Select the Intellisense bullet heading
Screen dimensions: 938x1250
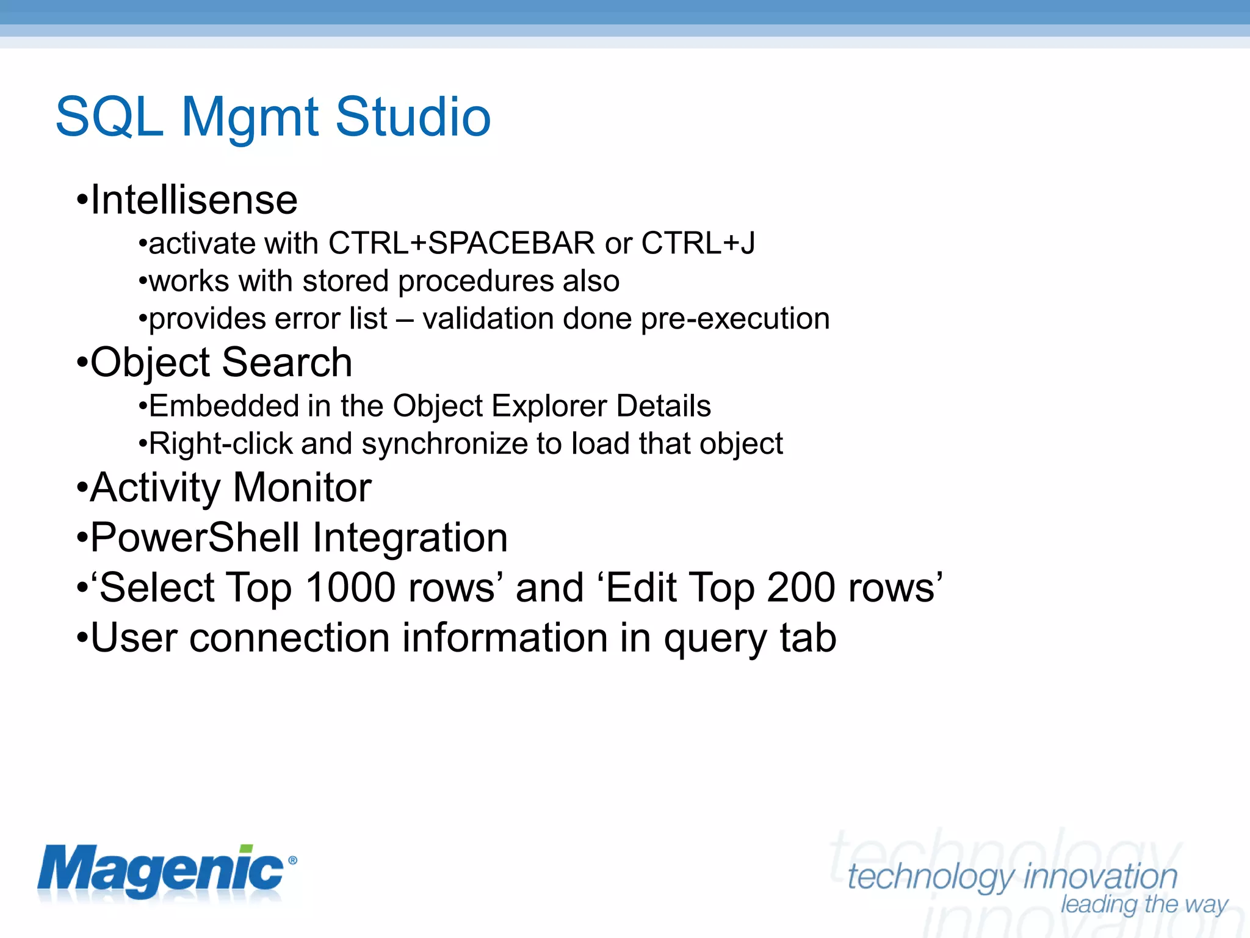click(193, 200)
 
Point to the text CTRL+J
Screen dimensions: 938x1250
click(698, 244)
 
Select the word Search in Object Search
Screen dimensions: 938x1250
click(287, 363)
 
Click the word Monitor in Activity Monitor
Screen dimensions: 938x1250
click(302, 488)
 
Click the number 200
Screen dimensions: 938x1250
click(800, 588)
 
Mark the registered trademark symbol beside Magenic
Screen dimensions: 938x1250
click(292, 860)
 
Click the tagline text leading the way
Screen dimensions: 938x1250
click(1144, 904)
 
